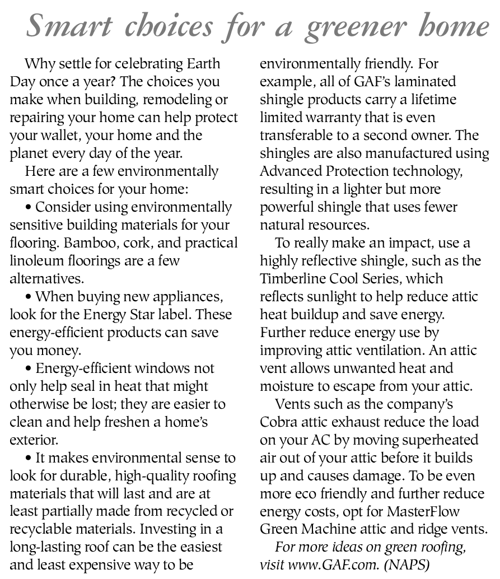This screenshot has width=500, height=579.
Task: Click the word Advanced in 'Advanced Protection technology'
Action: (289, 171)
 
